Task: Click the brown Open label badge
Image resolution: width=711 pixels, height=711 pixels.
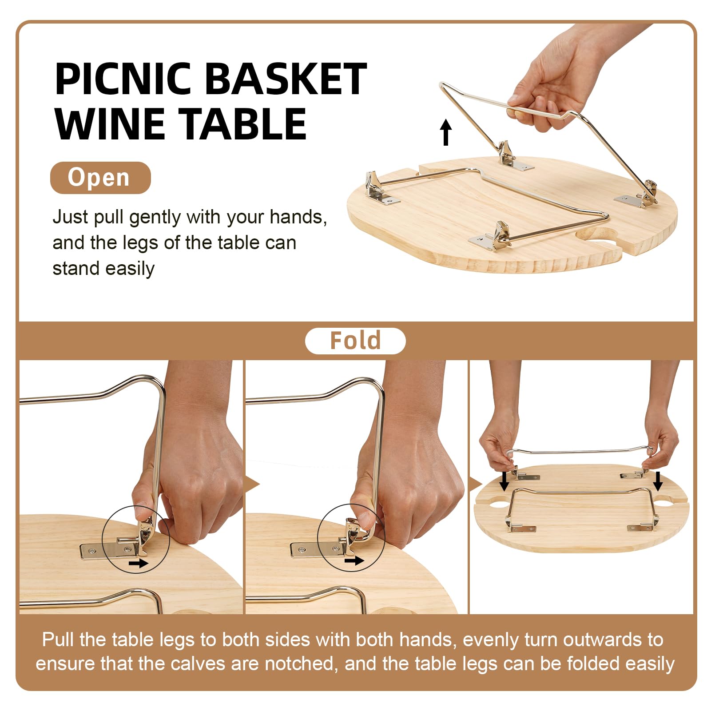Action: [100, 178]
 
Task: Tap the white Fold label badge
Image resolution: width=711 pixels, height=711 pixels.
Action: [355, 341]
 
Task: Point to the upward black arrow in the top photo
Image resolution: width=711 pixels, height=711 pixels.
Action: [446, 132]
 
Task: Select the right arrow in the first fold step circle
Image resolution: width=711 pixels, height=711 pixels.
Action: [139, 564]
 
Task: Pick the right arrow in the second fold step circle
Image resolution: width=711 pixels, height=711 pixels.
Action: [354, 561]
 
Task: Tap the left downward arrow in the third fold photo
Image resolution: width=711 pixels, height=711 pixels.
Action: [504, 481]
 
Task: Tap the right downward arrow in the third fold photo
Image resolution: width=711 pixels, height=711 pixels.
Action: [658, 481]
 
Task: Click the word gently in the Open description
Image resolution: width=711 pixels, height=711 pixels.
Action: [155, 218]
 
